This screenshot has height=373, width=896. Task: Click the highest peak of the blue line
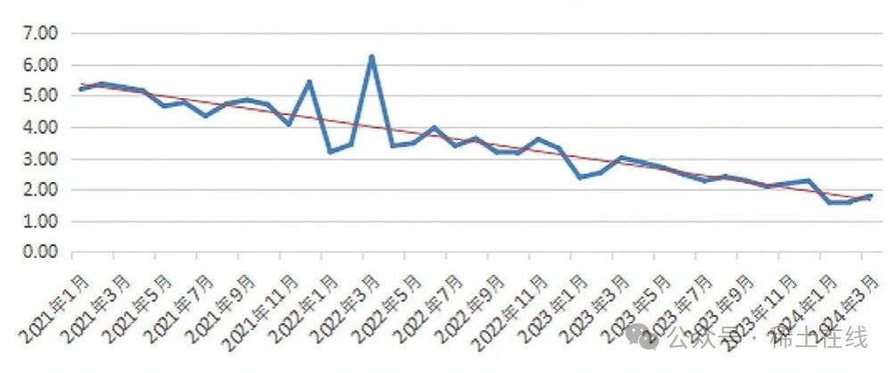(372, 57)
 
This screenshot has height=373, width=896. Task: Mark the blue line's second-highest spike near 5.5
(309, 82)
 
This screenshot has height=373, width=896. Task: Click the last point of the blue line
(869, 195)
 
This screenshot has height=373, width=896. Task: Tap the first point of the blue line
(81, 89)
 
